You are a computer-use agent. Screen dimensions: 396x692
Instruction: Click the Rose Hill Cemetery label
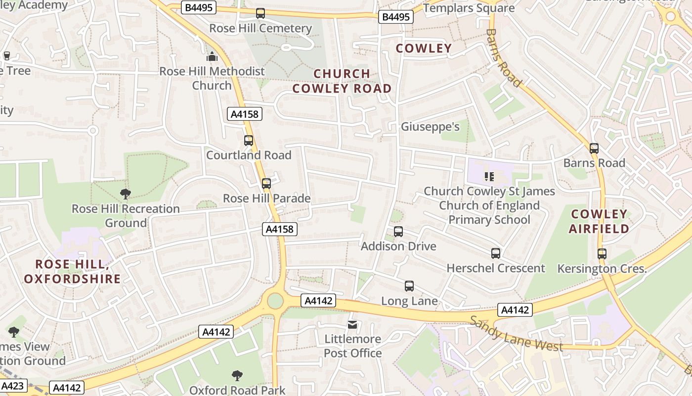tap(260, 28)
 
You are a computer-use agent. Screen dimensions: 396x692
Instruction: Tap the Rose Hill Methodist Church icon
tap(212, 57)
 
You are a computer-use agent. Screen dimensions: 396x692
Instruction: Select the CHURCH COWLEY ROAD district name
tap(342, 81)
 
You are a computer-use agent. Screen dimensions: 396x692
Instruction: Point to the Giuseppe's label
tap(430, 127)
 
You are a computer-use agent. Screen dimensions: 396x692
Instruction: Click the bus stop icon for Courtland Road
tap(249, 141)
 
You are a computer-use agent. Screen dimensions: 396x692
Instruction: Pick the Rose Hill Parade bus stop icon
tap(266, 184)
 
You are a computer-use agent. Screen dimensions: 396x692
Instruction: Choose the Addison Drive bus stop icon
tap(398, 232)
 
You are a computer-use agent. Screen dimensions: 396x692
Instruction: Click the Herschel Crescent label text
tap(496, 268)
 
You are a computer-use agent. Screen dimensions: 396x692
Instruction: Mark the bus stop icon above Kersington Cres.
tap(602, 254)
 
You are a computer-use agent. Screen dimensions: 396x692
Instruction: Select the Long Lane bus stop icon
tap(409, 286)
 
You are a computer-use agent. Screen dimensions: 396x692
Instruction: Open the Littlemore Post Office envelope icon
tap(352, 325)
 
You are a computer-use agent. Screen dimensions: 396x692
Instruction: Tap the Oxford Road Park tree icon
tap(237, 376)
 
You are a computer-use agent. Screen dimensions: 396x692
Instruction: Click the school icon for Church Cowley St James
tap(489, 176)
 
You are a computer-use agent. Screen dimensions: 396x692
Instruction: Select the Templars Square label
tap(469, 8)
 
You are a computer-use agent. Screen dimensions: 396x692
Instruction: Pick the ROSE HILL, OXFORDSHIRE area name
tap(72, 272)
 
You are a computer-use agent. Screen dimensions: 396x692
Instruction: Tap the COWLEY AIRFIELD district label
tap(599, 221)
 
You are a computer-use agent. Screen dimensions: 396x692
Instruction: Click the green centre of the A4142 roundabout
tap(275, 300)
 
